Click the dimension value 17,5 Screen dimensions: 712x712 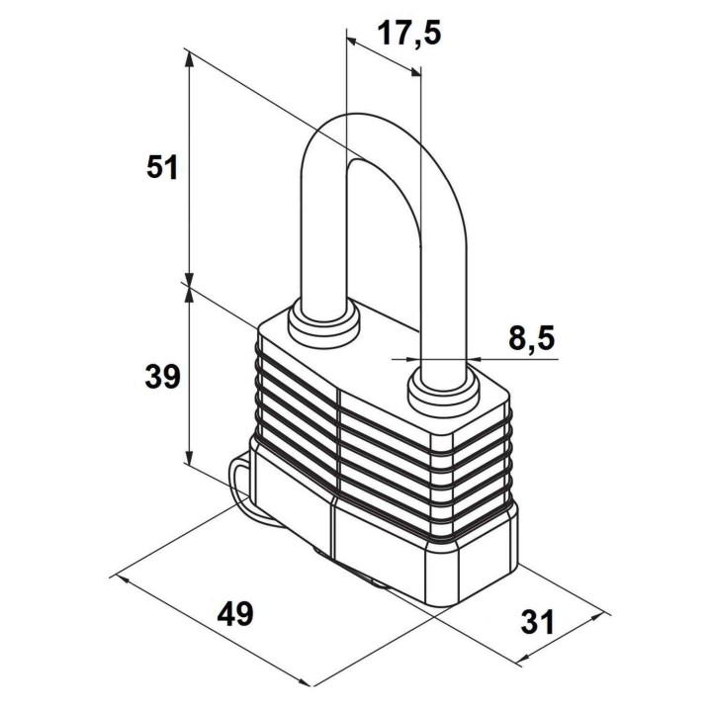(x=408, y=34)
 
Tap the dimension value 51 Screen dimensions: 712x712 (x=161, y=167)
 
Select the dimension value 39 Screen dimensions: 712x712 (x=162, y=377)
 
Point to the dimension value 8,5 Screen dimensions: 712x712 (x=532, y=338)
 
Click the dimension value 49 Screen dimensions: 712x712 (x=234, y=614)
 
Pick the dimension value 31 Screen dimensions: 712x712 (x=538, y=622)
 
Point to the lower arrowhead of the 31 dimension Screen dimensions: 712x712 (x=527, y=659)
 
